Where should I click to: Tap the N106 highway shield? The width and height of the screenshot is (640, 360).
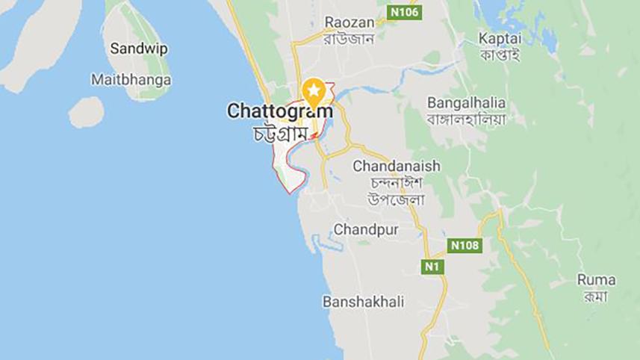coord(405,12)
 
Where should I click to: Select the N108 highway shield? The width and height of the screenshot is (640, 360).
coord(465,245)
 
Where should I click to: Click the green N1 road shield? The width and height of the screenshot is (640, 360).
coord(432,266)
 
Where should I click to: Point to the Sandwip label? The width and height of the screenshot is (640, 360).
coord(138,49)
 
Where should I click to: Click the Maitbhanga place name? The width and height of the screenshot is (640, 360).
coord(130,78)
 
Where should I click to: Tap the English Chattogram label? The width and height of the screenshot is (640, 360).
coord(279,111)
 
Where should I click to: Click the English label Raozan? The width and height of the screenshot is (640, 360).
coord(349,22)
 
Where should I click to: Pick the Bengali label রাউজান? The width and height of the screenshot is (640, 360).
coord(349,40)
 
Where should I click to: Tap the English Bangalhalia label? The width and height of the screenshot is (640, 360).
coord(466,102)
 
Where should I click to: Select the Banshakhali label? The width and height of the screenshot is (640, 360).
coord(363,302)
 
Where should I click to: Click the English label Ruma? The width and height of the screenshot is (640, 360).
coord(596,279)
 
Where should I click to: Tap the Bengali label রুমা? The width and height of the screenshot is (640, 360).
coord(596,296)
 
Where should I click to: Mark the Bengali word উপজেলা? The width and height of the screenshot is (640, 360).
coord(397,199)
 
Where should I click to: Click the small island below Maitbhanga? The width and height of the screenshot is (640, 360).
coord(86,113)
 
